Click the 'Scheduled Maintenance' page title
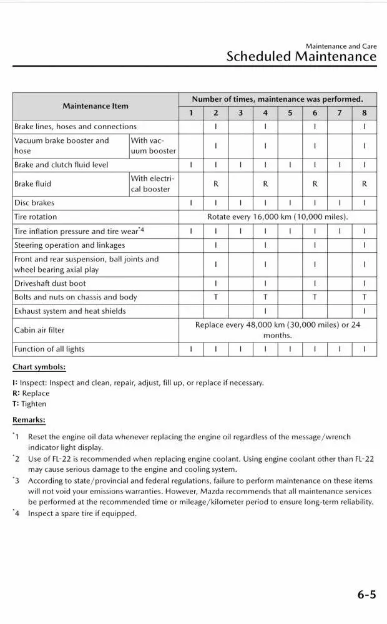click(301, 57)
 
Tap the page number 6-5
click(366, 595)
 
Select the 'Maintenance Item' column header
click(96, 106)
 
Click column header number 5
click(290, 113)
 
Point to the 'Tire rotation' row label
click(36, 217)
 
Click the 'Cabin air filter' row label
click(39, 329)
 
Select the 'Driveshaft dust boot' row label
click(51, 283)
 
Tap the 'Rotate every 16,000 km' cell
click(277, 217)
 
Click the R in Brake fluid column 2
click(215, 184)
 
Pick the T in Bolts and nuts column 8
click(364, 297)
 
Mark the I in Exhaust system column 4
click(265, 311)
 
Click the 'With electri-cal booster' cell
click(152, 184)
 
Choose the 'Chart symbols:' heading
click(39, 367)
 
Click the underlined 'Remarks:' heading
click(29, 421)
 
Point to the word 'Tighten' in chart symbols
click(34, 404)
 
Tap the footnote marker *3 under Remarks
click(16, 481)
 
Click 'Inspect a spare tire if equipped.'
click(82, 514)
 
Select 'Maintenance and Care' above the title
click(341, 46)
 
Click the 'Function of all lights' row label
click(49, 349)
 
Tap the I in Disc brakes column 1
click(191, 203)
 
